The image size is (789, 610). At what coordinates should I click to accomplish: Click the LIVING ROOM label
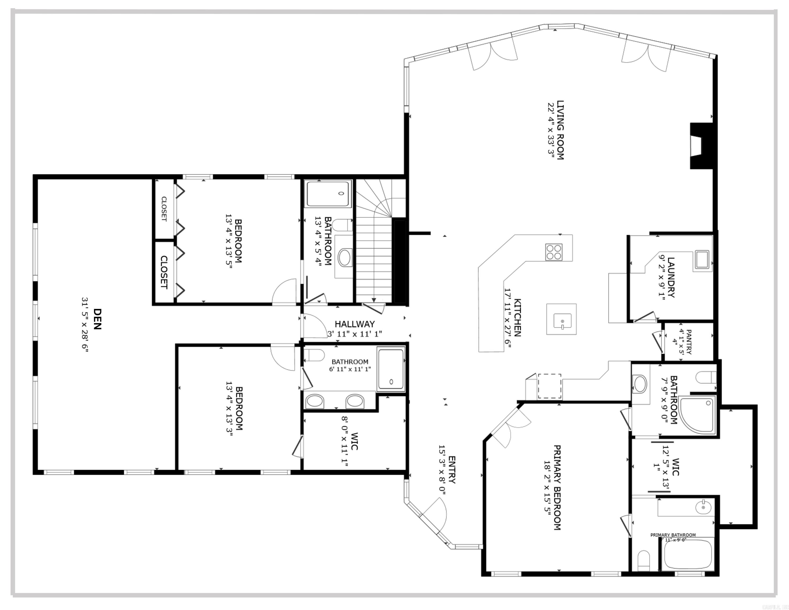pyautogui.click(x=560, y=130)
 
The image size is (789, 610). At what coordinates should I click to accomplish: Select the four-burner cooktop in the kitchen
pyautogui.click(x=553, y=252)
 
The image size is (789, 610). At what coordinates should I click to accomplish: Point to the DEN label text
pyautogui.click(x=97, y=319)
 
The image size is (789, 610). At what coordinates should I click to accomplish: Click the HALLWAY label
pyautogui.click(x=354, y=324)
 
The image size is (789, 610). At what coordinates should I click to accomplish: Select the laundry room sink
pyautogui.click(x=702, y=259)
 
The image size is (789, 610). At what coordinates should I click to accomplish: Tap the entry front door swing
pyautogui.click(x=435, y=513)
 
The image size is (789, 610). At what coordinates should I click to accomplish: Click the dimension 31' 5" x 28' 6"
pyautogui.click(x=85, y=324)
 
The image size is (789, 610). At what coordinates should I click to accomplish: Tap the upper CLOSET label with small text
pyautogui.click(x=164, y=209)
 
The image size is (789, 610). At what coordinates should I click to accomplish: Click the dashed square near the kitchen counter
pyautogui.click(x=549, y=386)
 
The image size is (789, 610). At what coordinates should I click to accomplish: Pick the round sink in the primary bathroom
pyautogui.click(x=703, y=507)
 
